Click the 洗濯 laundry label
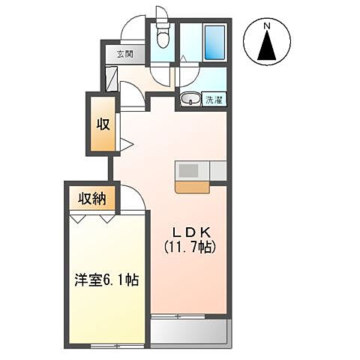click(212, 98)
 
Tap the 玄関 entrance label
click(124, 54)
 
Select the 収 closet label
click(102, 124)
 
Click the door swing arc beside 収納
click(129, 196)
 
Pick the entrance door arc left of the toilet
click(133, 30)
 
